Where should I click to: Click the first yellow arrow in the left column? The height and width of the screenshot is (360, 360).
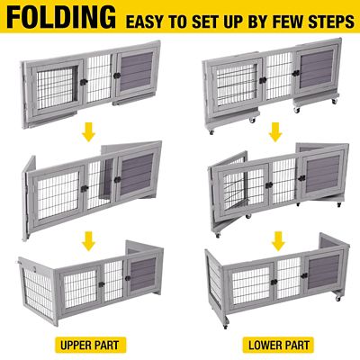(89, 134)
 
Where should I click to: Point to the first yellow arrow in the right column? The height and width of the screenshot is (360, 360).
(276, 134)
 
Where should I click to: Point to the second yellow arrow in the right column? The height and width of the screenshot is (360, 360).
(276, 241)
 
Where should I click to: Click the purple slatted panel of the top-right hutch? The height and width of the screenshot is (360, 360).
(316, 72)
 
